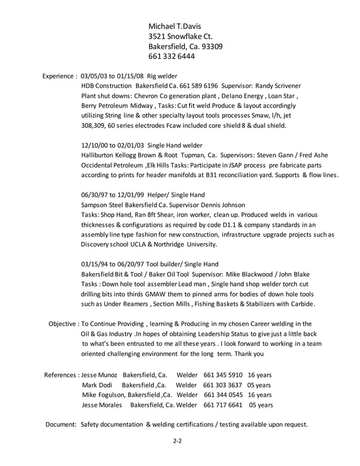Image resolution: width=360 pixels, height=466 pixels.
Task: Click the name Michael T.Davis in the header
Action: coord(174,26)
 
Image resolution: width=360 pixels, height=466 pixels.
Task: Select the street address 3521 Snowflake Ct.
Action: coord(180,36)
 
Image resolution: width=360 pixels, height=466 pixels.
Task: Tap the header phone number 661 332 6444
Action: coord(172,57)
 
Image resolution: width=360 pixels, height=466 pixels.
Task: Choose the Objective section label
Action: coord(64,324)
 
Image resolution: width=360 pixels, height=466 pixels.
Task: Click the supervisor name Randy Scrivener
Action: coord(278,86)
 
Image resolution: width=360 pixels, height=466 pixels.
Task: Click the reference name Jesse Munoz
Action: coord(99,375)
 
